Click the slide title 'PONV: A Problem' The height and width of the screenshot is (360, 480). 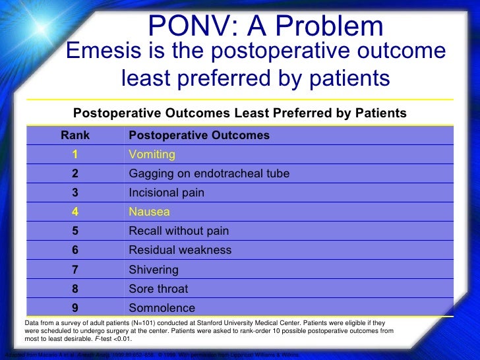pyautogui.click(x=266, y=26)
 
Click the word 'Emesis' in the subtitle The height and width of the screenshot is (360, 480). pyautogui.click(x=106, y=51)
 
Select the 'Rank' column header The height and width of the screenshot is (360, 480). pyautogui.click(x=75, y=135)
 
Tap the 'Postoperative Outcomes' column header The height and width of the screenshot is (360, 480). pyautogui.click(x=199, y=135)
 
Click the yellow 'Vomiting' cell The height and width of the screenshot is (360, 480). pyautogui.click(x=152, y=154)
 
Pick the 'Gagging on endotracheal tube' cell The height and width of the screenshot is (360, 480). pyautogui.click(x=209, y=173)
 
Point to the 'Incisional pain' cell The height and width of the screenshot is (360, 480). pyautogui.click(x=167, y=193)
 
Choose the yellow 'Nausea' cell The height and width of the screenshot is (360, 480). pyautogui.click(x=150, y=212)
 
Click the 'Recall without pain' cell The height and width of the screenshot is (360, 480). pyautogui.click(x=179, y=231)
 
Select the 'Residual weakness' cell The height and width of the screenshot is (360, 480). pyautogui.click(x=180, y=250)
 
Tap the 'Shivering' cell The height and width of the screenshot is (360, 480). pyautogui.click(x=154, y=270)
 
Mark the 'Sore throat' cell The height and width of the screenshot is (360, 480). pyautogui.click(x=158, y=289)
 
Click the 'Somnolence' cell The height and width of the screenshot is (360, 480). pyautogui.click(x=162, y=308)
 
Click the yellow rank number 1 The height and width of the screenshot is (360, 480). pyautogui.click(x=76, y=154)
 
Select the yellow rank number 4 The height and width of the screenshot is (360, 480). pyautogui.click(x=76, y=212)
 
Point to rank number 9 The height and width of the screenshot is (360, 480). pyautogui.click(x=76, y=308)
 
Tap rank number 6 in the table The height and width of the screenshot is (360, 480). pyautogui.click(x=76, y=250)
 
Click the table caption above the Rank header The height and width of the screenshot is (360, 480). pyautogui.click(x=239, y=113)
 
